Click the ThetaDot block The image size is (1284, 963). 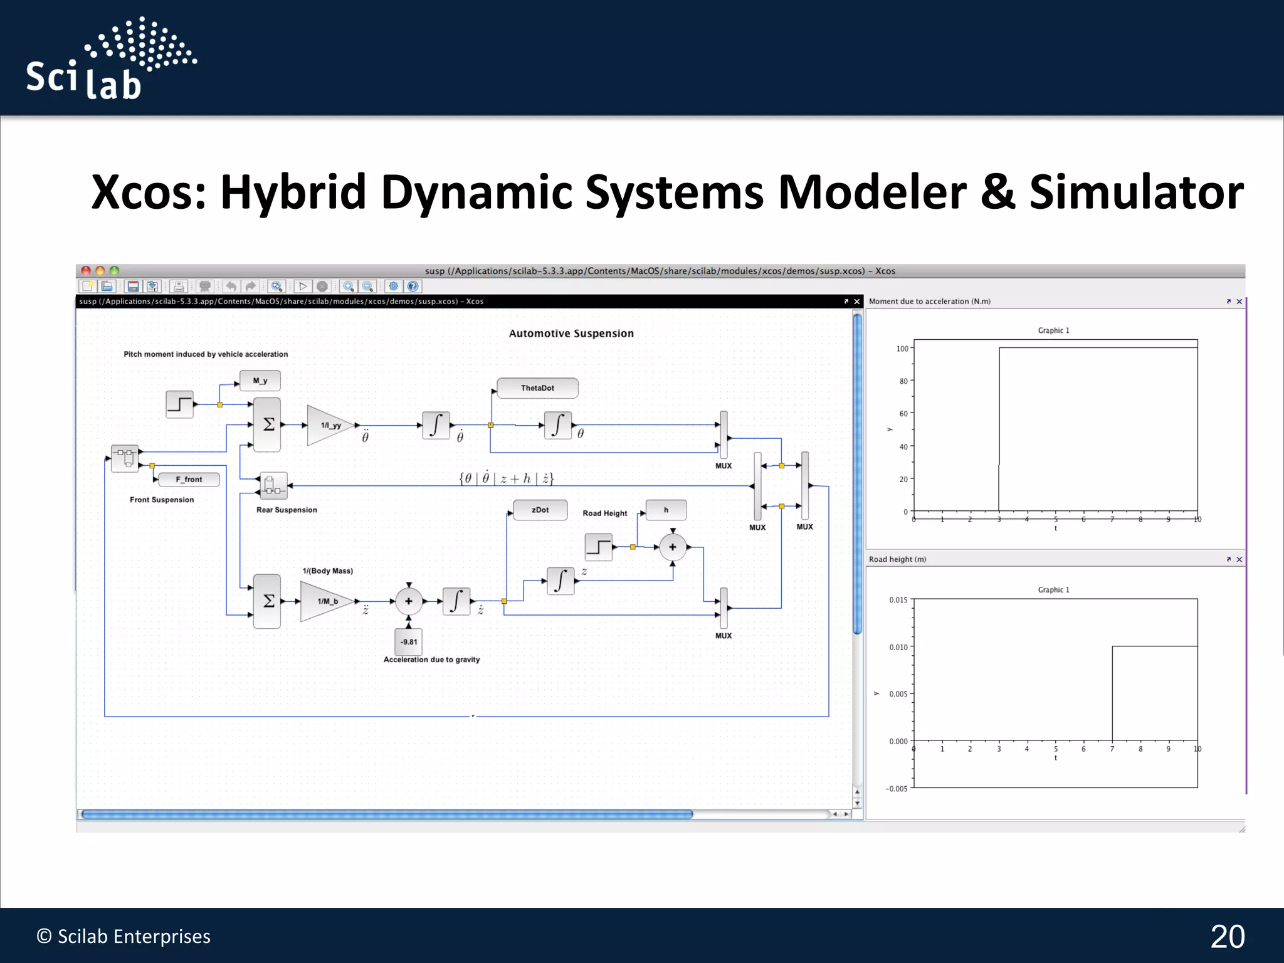pos(537,388)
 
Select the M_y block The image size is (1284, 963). pos(260,381)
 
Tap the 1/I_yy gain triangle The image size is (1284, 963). pos(329,426)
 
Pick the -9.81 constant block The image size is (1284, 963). pos(408,641)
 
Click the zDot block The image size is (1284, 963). pos(540,510)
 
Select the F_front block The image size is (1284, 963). pos(189,480)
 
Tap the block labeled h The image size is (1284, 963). pos(666,510)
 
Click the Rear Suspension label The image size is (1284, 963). pos(287,510)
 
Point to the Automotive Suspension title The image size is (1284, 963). pos(571,334)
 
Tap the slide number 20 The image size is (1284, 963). pos(1227,937)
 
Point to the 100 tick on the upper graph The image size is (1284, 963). pos(902,349)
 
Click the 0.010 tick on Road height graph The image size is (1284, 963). pos(898,647)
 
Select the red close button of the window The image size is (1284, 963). pos(86,271)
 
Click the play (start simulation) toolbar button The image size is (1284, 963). pos(303,287)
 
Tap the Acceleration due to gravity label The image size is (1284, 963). pos(431,660)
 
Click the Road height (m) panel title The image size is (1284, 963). pos(897,559)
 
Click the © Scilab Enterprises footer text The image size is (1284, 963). pos(124,936)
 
